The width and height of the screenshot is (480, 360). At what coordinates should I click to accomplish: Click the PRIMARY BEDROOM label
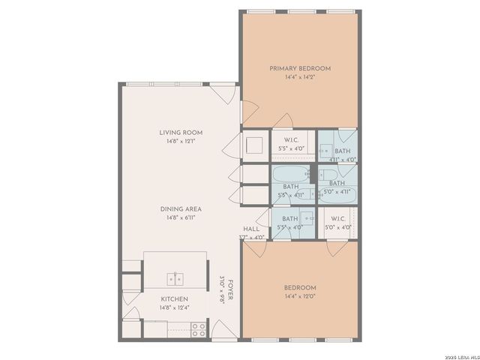[300, 68]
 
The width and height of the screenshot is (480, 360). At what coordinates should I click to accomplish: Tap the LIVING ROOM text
[180, 133]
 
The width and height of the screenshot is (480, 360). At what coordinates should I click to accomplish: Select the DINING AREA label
[180, 209]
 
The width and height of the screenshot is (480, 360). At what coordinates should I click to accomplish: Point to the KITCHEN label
[174, 298]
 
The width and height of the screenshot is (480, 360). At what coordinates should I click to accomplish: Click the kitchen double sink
[175, 279]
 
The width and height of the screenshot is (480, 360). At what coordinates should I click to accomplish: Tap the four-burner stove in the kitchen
[199, 327]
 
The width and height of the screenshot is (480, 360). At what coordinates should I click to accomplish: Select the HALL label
[251, 229]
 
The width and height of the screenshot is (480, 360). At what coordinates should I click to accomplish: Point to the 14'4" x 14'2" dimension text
[300, 77]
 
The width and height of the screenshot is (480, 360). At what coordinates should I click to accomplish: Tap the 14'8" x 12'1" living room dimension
[180, 142]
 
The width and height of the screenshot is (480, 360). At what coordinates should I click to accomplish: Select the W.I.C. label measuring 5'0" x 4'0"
[338, 218]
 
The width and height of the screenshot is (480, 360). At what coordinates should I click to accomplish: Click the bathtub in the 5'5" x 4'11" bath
[289, 176]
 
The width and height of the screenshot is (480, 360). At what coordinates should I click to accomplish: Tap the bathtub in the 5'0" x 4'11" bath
[339, 196]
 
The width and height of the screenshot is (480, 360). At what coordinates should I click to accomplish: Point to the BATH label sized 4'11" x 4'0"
[342, 151]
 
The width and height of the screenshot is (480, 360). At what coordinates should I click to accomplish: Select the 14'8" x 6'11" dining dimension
[180, 218]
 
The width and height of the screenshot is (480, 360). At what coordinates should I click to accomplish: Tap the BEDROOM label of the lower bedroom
[300, 288]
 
